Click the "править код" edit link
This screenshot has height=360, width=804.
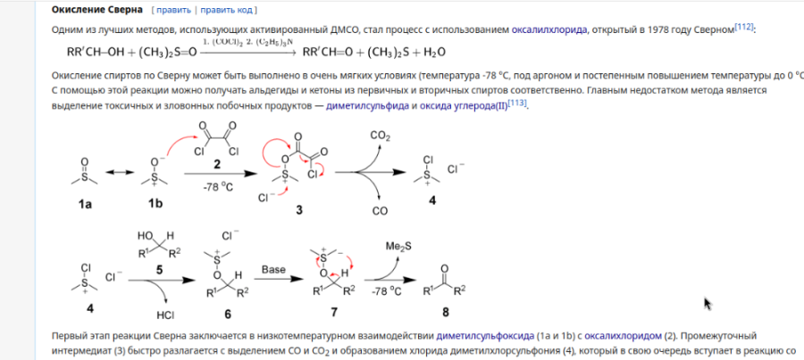click(x=228, y=11)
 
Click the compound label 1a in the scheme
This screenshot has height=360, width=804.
click(x=85, y=205)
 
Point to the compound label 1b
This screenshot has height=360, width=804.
click(x=155, y=205)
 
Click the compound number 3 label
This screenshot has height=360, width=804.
click(x=300, y=207)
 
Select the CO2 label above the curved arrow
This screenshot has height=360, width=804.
click(x=380, y=135)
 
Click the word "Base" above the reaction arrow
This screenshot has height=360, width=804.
click(x=273, y=268)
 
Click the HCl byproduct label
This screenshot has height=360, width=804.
click(x=166, y=314)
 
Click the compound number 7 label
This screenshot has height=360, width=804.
click(x=335, y=314)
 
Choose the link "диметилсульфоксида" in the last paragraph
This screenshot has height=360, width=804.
click(x=484, y=336)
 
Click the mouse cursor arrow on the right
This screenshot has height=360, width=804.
click(x=708, y=303)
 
